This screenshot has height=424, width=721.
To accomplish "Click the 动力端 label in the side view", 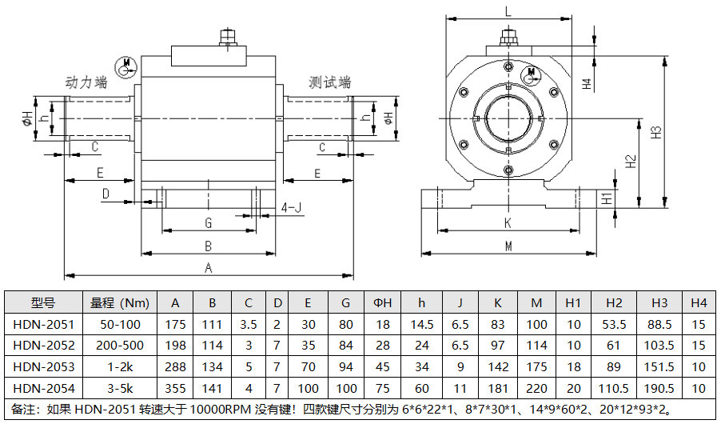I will click(86, 82).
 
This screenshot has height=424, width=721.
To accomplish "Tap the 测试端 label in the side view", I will click(329, 82).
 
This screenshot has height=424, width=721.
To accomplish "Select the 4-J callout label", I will click(293, 208).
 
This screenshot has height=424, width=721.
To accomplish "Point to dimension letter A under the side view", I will click(209, 268).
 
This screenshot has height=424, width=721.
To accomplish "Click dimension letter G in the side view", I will click(208, 222).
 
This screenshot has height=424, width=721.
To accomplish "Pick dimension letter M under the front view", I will click(508, 246).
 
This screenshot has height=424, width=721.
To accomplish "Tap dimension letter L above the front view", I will click(508, 11).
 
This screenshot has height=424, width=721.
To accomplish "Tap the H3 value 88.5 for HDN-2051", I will click(659, 324).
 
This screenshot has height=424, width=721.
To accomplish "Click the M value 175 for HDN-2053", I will click(536, 367).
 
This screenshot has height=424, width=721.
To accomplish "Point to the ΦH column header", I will click(383, 302).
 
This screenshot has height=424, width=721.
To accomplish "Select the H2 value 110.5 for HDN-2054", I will click(614, 389).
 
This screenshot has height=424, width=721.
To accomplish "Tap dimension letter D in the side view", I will click(106, 194).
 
